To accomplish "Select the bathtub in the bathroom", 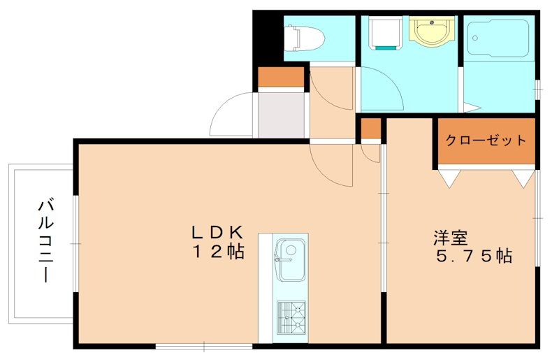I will click(x=498, y=41).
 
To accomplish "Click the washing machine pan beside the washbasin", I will click(x=383, y=32).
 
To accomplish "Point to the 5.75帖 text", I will click(x=474, y=257).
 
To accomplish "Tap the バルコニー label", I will click(x=46, y=241).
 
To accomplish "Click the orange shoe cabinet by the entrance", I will click(x=281, y=76).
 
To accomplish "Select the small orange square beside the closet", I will click(x=370, y=129).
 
